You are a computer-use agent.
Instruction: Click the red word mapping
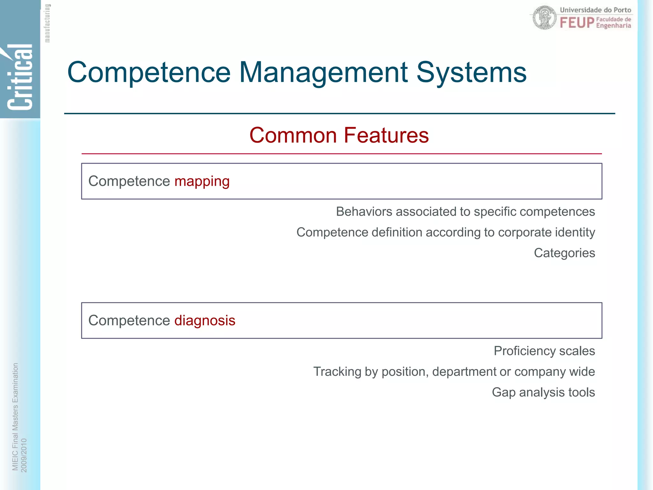pos(202,182)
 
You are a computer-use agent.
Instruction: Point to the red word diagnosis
pos(205,321)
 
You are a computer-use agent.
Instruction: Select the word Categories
pos(564,253)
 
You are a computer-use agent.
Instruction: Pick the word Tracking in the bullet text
pos(337,372)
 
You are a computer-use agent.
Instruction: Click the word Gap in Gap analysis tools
pos(503,392)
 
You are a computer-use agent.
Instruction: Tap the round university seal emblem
pos(545,18)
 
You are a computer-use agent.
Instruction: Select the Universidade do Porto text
pos(595,10)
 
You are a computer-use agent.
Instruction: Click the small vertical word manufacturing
pos(47,23)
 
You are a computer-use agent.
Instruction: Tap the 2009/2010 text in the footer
pos(24,455)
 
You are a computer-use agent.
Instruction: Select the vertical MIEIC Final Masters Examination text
pos(15,417)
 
